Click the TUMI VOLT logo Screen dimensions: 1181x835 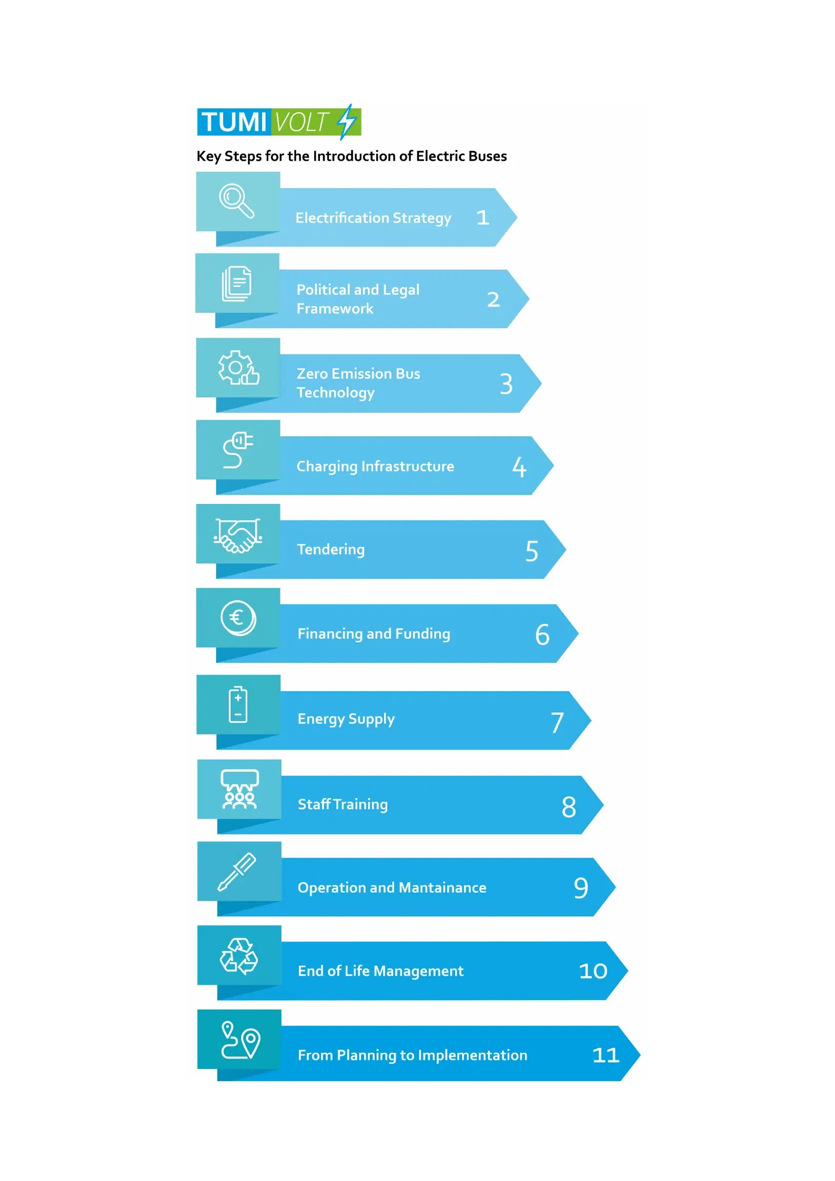tap(279, 122)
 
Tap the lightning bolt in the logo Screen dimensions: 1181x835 tap(347, 122)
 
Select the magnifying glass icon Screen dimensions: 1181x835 tap(237, 200)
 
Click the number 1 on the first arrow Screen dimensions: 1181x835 tap(482, 218)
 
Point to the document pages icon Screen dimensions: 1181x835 tap(237, 284)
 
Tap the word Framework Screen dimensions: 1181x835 tap(335, 309)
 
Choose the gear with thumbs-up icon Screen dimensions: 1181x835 tap(238, 368)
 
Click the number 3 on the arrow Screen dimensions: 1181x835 tap(506, 384)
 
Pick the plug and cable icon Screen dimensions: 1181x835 tap(238, 450)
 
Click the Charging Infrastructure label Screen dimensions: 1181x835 tap(375, 467)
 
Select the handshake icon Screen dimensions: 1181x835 tap(238, 535)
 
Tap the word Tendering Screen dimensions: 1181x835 tap(331, 550)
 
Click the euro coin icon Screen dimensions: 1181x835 tap(238, 618)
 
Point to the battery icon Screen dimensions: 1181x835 tap(238, 704)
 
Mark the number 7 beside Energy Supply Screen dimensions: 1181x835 tap(557, 722)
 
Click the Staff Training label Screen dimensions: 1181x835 tap(343, 804)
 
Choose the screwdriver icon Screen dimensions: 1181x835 tap(237, 872)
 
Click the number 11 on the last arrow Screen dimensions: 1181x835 tap(606, 1055)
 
